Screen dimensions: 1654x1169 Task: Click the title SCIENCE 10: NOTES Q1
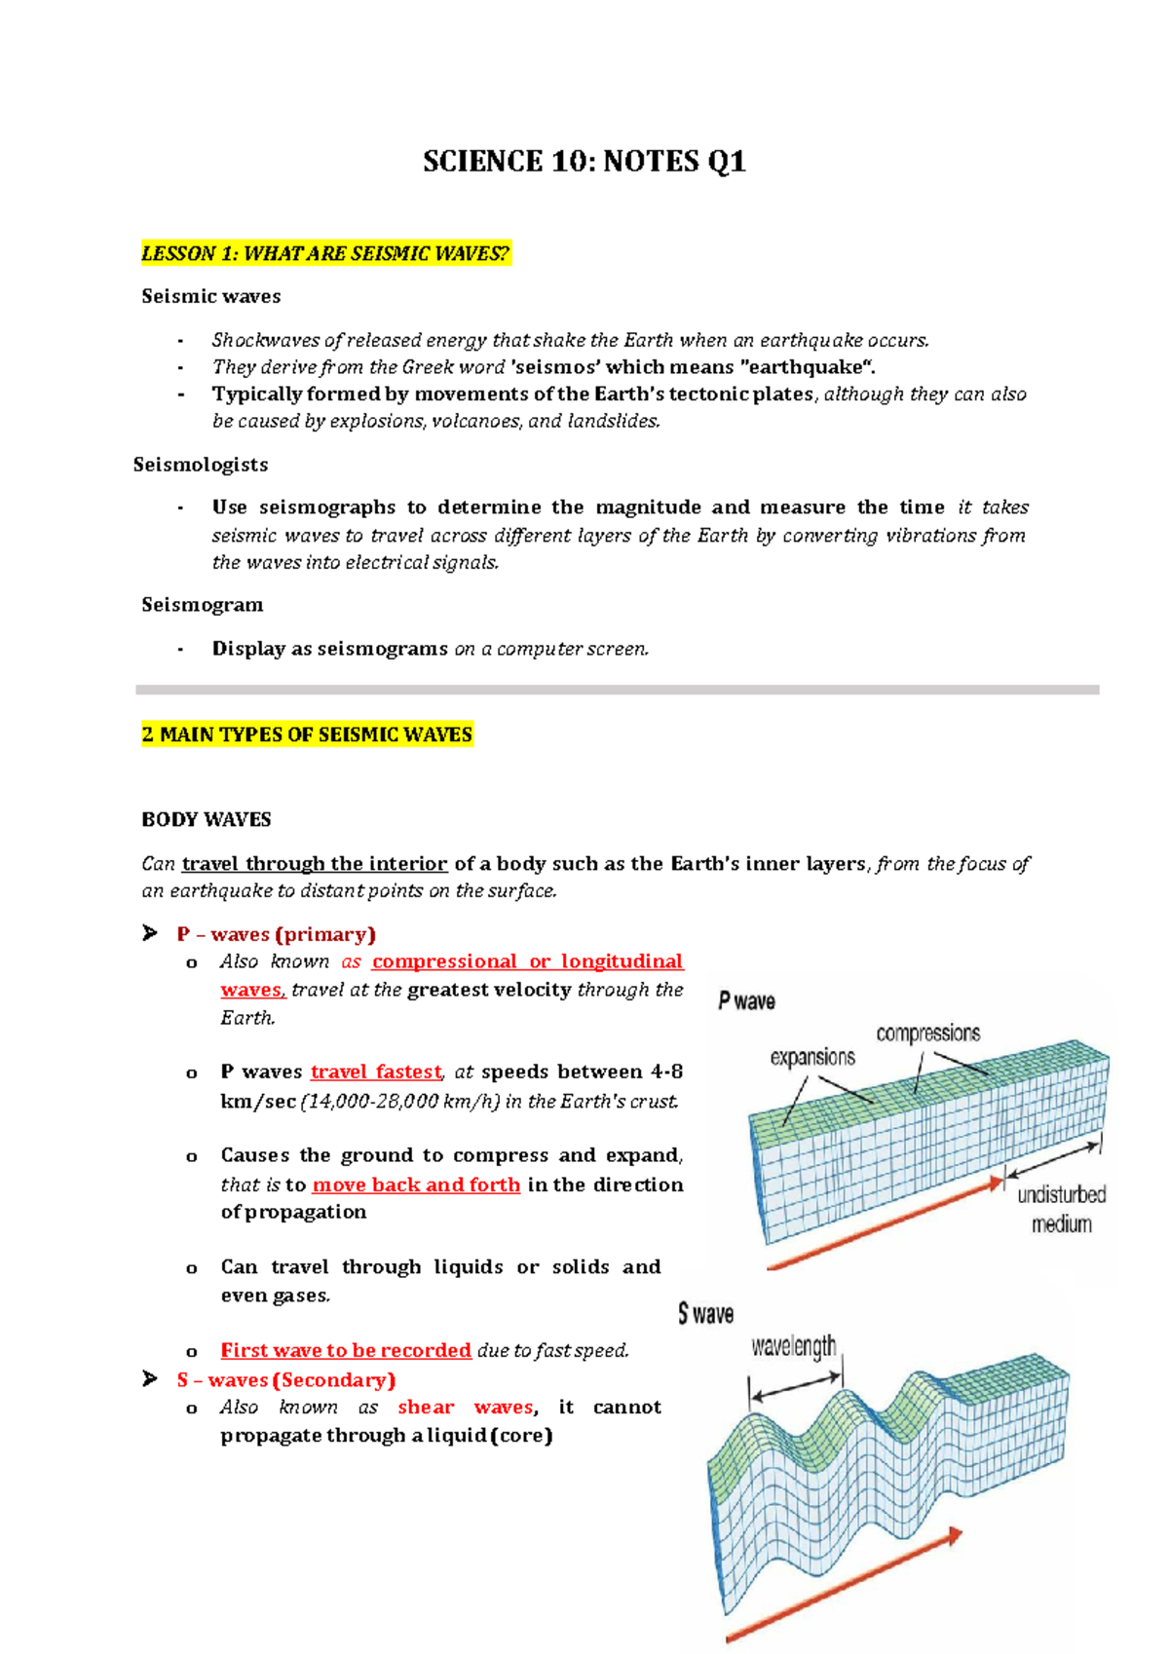584,162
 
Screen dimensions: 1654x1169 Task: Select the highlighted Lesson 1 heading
325,254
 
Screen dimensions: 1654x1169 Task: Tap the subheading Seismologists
201,465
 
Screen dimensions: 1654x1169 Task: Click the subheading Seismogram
203,605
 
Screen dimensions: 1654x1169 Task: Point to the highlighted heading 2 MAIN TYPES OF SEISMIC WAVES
307,734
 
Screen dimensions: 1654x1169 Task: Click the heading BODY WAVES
207,819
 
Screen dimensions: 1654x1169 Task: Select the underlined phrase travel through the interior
315,864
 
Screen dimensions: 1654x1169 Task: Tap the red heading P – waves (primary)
276,934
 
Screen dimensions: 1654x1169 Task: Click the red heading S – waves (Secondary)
285,1380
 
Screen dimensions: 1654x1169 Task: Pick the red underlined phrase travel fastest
376,1072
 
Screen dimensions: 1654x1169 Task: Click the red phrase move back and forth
416,1185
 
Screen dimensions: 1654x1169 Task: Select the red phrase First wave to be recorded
346,1351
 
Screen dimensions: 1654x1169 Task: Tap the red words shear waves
465,1408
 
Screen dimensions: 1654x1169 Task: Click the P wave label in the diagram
746,1001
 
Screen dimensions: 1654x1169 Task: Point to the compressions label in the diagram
927,1034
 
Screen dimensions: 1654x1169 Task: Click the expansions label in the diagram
812,1058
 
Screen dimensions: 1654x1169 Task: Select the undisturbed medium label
1061,1209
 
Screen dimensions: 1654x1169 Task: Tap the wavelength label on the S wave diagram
793,1347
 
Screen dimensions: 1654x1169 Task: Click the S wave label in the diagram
705,1314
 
